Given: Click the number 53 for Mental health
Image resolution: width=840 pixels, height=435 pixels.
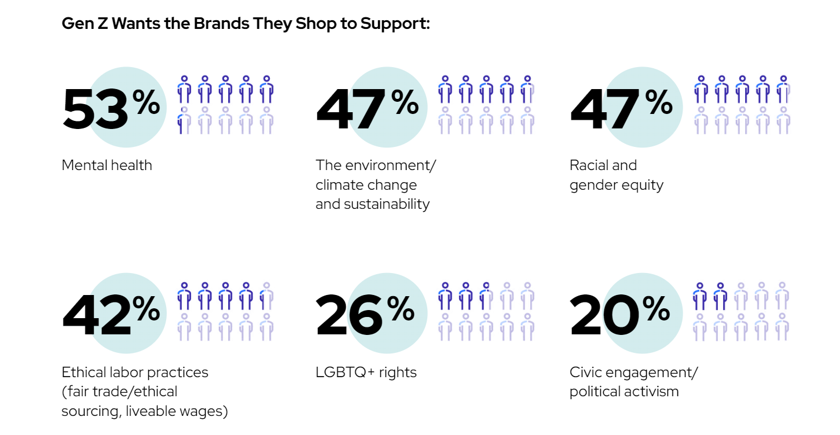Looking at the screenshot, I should point(95,108).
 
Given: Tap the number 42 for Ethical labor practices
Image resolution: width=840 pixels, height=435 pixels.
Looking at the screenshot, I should point(96,315).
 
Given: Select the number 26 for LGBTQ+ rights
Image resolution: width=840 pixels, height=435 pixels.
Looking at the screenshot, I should point(350,315).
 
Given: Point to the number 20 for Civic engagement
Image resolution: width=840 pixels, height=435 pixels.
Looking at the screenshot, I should point(604,315).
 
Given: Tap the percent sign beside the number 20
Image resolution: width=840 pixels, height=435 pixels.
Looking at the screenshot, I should point(656,309).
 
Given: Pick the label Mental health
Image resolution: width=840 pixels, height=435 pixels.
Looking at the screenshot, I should point(107,165).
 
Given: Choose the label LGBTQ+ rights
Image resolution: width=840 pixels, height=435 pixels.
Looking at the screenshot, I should point(366,372).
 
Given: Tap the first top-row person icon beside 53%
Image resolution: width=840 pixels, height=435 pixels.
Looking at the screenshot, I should point(184,89).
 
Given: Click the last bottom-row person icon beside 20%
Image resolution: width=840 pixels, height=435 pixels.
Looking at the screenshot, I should point(782,326).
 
